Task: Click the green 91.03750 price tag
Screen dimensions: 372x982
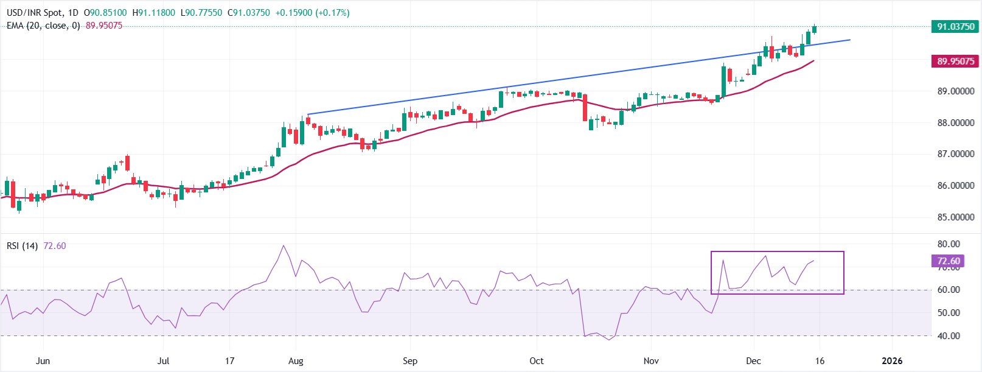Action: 955,26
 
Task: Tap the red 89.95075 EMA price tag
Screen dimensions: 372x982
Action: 955,61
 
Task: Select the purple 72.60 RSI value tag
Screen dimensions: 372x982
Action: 948,261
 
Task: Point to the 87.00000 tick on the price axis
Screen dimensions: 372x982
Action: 955,154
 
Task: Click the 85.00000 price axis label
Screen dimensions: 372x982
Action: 955,217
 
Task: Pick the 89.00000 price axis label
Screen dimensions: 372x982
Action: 955,91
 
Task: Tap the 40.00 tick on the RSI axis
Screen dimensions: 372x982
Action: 949,336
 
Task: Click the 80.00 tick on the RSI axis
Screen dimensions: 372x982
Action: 949,244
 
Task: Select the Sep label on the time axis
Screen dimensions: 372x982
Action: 410,361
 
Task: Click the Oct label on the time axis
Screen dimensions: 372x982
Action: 537,361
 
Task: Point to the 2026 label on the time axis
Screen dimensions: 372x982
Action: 892,361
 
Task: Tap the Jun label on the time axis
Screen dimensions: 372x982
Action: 43,361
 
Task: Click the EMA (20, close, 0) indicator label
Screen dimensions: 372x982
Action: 43,26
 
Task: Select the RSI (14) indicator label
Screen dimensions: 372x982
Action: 22,246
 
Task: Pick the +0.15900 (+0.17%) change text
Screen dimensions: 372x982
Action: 312,13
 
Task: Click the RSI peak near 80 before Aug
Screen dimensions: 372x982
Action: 284,246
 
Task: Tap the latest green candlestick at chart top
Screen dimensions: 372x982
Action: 814,29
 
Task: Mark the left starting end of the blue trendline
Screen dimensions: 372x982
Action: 308,114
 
